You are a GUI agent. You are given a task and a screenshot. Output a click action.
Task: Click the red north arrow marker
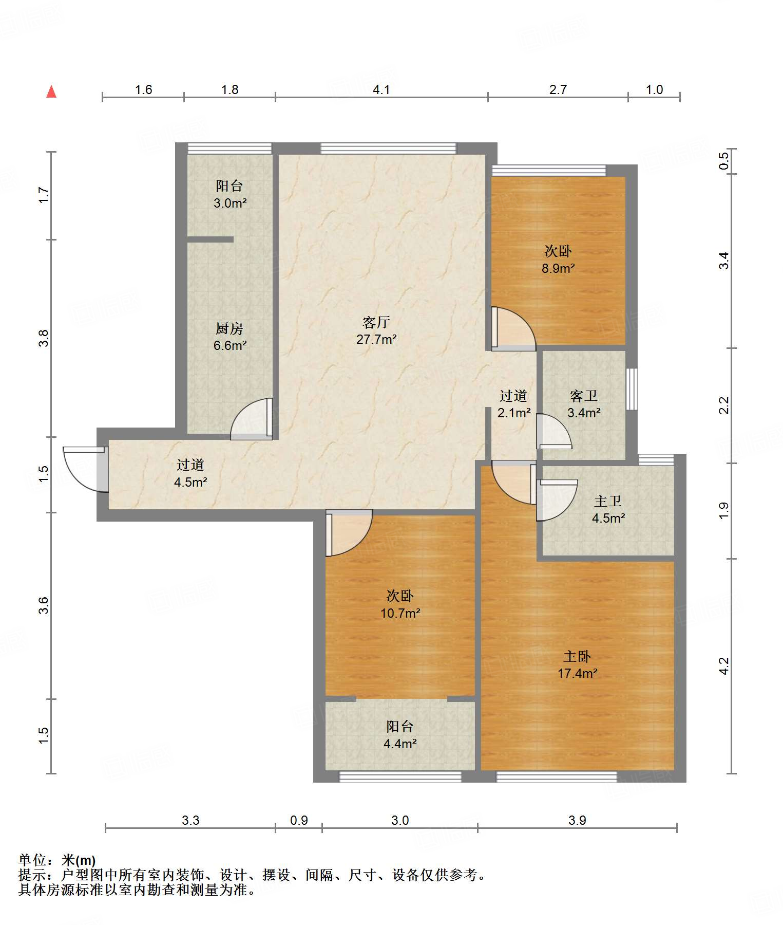point(51,91)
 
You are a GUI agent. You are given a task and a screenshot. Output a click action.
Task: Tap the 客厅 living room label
point(376,322)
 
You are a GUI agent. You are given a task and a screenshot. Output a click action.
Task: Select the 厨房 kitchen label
point(230,328)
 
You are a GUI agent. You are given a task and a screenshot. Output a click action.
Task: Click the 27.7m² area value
point(376,339)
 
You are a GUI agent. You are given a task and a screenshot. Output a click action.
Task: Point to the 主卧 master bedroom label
point(577,656)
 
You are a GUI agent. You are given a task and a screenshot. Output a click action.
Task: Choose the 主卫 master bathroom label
point(608,501)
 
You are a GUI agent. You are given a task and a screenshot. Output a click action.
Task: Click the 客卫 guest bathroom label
point(584,396)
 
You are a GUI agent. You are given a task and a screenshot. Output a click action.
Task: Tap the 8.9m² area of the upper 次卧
point(558,268)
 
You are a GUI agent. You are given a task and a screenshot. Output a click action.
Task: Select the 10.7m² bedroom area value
point(400,613)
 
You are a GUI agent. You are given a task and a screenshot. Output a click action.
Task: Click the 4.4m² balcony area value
point(400,744)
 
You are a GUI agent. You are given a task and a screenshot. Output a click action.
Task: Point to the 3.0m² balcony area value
point(230,203)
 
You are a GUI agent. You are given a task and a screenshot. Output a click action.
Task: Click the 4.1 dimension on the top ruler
point(381,90)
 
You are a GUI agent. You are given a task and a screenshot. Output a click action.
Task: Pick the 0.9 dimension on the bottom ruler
point(299,820)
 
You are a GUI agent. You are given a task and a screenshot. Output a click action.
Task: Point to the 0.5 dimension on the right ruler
point(723,161)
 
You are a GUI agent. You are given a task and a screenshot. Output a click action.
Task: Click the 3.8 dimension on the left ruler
point(44,338)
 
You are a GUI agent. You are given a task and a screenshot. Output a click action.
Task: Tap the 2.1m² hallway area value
point(514,413)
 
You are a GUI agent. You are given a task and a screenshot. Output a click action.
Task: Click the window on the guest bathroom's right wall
point(632,389)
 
